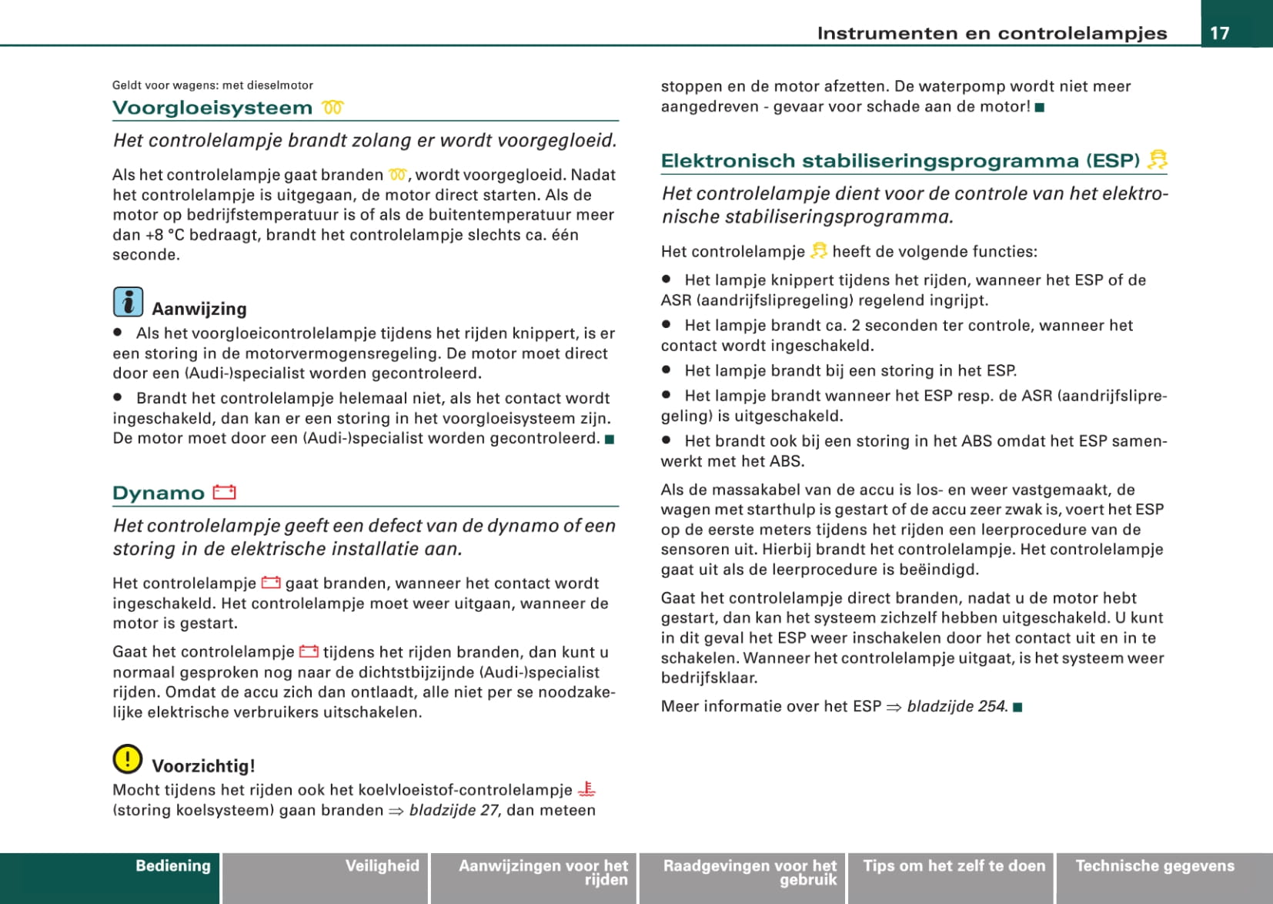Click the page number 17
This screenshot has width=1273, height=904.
click(x=1220, y=32)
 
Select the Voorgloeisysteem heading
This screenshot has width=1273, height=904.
click(x=212, y=108)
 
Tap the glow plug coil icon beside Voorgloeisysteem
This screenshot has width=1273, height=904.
click(x=332, y=108)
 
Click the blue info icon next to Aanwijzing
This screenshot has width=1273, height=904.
click(x=128, y=302)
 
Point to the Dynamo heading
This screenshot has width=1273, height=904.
click(x=159, y=493)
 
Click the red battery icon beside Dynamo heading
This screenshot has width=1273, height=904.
click(x=224, y=492)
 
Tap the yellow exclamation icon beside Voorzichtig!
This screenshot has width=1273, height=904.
click(x=127, y=759)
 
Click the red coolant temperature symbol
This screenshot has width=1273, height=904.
click(x=587, y=789)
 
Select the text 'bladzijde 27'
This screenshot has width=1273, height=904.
click(x=453, y=810)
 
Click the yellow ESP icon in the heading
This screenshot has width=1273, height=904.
click(x=1157, y=159)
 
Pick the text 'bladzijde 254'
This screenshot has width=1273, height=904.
click(x=957, y=706)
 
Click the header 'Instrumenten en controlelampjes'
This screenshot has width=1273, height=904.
click(x=991, y=33)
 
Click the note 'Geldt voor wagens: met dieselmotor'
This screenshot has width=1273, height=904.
click(x=212, y=85)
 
